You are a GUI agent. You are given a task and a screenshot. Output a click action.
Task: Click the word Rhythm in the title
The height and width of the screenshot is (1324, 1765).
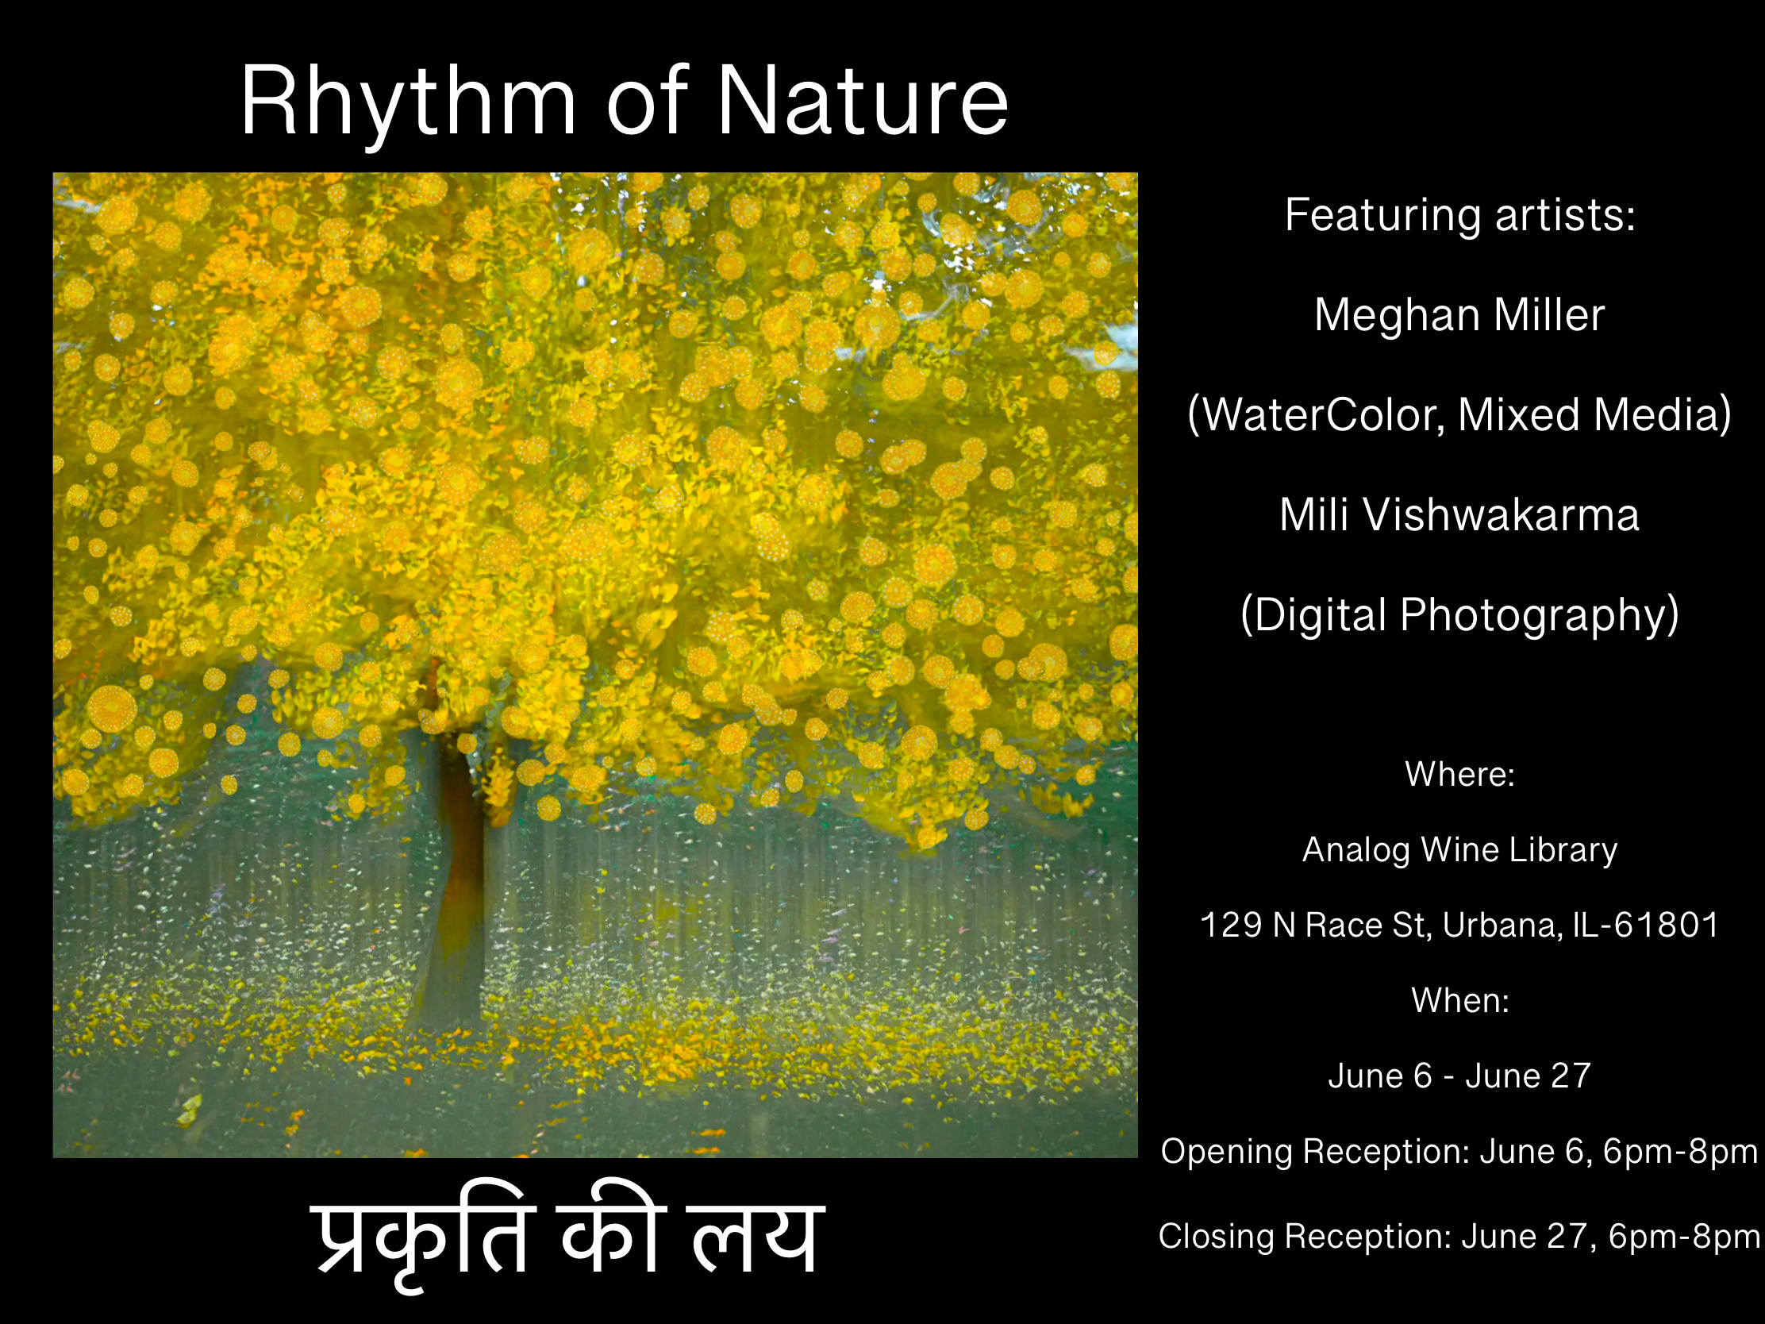408,104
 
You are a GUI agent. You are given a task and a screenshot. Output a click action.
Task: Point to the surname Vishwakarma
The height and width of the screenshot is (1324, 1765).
1501,514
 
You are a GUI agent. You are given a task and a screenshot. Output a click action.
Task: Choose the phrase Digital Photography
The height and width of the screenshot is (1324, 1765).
1459,615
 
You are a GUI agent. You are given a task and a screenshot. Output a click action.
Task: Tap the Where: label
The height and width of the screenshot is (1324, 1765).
1459,774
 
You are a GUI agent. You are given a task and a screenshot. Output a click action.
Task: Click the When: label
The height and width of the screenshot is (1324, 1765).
1460,1000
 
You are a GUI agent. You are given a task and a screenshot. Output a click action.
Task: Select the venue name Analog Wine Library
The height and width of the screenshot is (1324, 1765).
1459,851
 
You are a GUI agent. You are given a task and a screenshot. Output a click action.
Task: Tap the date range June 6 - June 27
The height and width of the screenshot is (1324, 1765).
1459,1076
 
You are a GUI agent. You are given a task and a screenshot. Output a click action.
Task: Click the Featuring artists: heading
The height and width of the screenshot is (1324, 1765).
1459,216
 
